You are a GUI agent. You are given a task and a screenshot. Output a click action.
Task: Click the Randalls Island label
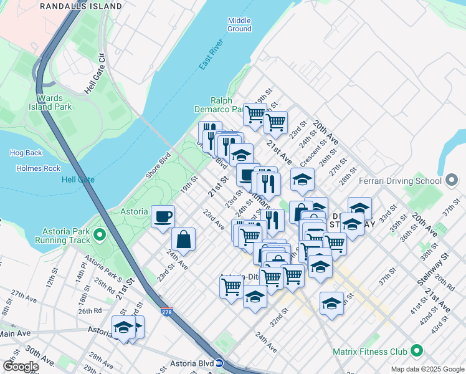[81, 6]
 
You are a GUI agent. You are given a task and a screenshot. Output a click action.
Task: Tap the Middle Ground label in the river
[239, 24]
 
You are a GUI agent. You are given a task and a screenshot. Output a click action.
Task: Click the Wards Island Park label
[50, 102]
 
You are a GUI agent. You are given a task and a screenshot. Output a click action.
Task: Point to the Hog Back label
[26, 153]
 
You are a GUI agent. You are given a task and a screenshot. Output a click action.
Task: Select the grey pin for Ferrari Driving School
[452, 181]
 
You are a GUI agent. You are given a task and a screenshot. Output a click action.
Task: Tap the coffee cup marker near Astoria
[163, 217]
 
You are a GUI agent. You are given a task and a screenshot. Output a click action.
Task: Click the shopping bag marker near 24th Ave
[184, 239]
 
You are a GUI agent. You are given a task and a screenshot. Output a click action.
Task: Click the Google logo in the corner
[20, 367]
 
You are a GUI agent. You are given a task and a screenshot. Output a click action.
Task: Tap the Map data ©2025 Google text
[427, 369]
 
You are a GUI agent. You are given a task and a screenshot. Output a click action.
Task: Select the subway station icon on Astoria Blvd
[219, 362]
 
